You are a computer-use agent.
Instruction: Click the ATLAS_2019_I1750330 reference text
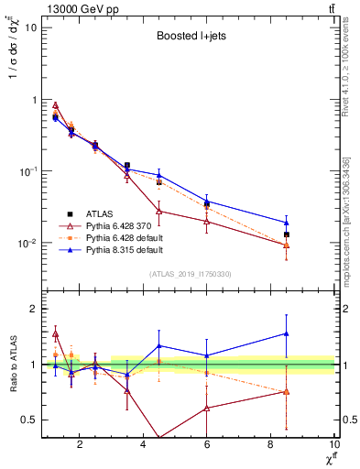[190, 273]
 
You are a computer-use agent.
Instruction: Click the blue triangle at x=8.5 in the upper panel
[287, 223]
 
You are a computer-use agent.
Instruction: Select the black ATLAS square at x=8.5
[287, 234]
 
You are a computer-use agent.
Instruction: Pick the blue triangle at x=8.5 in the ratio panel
[287, 333]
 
